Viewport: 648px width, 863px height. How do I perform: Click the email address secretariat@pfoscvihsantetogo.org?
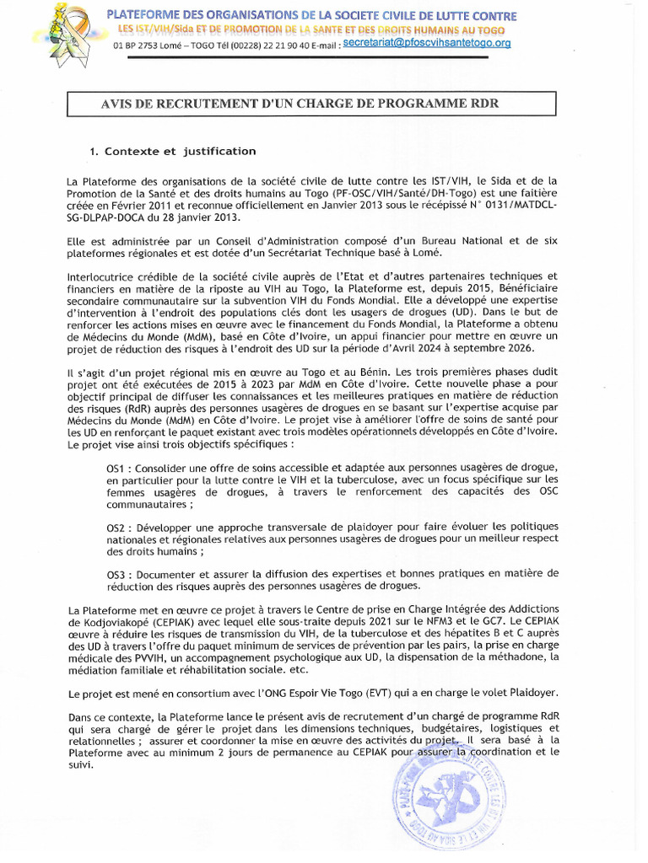coord(427,43)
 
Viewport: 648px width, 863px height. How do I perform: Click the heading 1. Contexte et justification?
coord(172,152)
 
